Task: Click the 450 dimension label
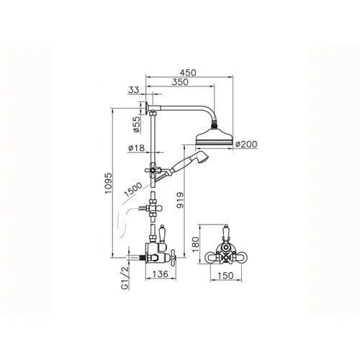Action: [188, 73]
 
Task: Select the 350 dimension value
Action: [180, 82]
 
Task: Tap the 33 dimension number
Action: [134, 90]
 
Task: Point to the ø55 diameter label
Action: [136, 124]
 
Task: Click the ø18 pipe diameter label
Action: [137, 148]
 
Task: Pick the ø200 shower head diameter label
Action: [246, 144]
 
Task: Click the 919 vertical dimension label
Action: [180, 200]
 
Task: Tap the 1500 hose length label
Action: [133, 189]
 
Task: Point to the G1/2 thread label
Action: [125, 279]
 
